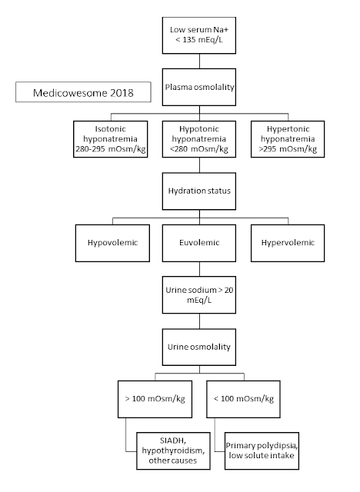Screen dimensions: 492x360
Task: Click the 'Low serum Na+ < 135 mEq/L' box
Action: (x=203, y=35)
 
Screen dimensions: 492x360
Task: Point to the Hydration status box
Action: (x=203, y=190)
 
